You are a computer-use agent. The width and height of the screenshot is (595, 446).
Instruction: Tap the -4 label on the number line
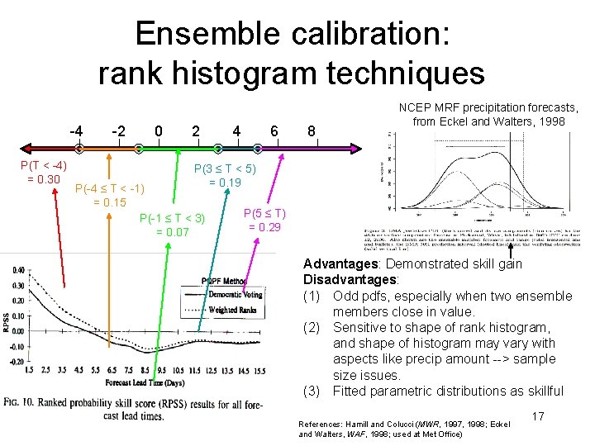click(x=76, y=130)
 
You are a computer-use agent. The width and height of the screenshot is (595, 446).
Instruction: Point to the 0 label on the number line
click(x=159, y=130)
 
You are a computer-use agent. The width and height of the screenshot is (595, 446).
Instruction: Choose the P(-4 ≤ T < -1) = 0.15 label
click(x=110, y=196)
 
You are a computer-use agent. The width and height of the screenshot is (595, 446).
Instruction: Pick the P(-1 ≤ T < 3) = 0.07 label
click(x=172, y=225)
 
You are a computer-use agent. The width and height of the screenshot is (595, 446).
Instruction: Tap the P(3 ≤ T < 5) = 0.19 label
click(x=225, y=176)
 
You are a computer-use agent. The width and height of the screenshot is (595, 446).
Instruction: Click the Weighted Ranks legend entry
click(x=234, y=310)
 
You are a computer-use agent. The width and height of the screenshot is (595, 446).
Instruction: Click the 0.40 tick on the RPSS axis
click(x=17, y=270)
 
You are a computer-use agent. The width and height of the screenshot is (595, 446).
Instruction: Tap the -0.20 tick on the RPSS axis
click(x=16, y=361)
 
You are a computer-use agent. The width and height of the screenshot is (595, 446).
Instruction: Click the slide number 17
click(x=538, y=416)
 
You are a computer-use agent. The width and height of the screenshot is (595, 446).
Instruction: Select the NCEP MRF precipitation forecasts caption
click(x=488, y=115)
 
